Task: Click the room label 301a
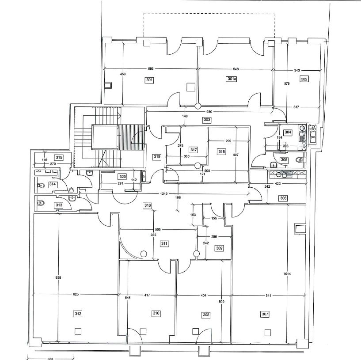(x=232, y=79)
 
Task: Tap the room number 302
(x=304, y=79)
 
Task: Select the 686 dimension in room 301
(x=151, y=68)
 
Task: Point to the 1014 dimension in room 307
(x=287, y=274)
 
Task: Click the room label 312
(x=78, y=314)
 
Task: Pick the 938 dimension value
(x=58, y=277)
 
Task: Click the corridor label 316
(x=147, y=205)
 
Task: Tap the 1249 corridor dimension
(x=163, y=193)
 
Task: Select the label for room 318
(x=222, y=152)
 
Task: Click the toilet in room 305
(x=300, y=159)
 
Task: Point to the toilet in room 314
(x=41, y=185)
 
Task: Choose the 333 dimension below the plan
(x=50, y=358)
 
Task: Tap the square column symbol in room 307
(x=267, y=333)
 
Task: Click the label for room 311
(x=164, y=243)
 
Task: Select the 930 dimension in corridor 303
(x=209, y=112)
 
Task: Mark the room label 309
(x=219, y=248)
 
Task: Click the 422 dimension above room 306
(x=278, y=183)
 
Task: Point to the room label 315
(x=59, y=157)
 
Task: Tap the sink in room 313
(x=72, y=198)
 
